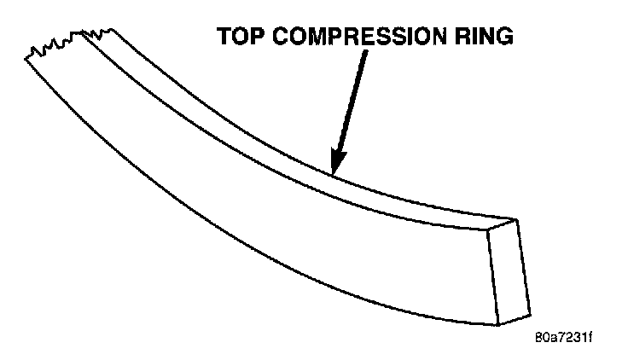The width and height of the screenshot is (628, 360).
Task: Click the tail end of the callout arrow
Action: pyautogui.click(x=368, y=53)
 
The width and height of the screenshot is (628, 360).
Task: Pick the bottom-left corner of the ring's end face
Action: pyautogui.click(x=498, y=325)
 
